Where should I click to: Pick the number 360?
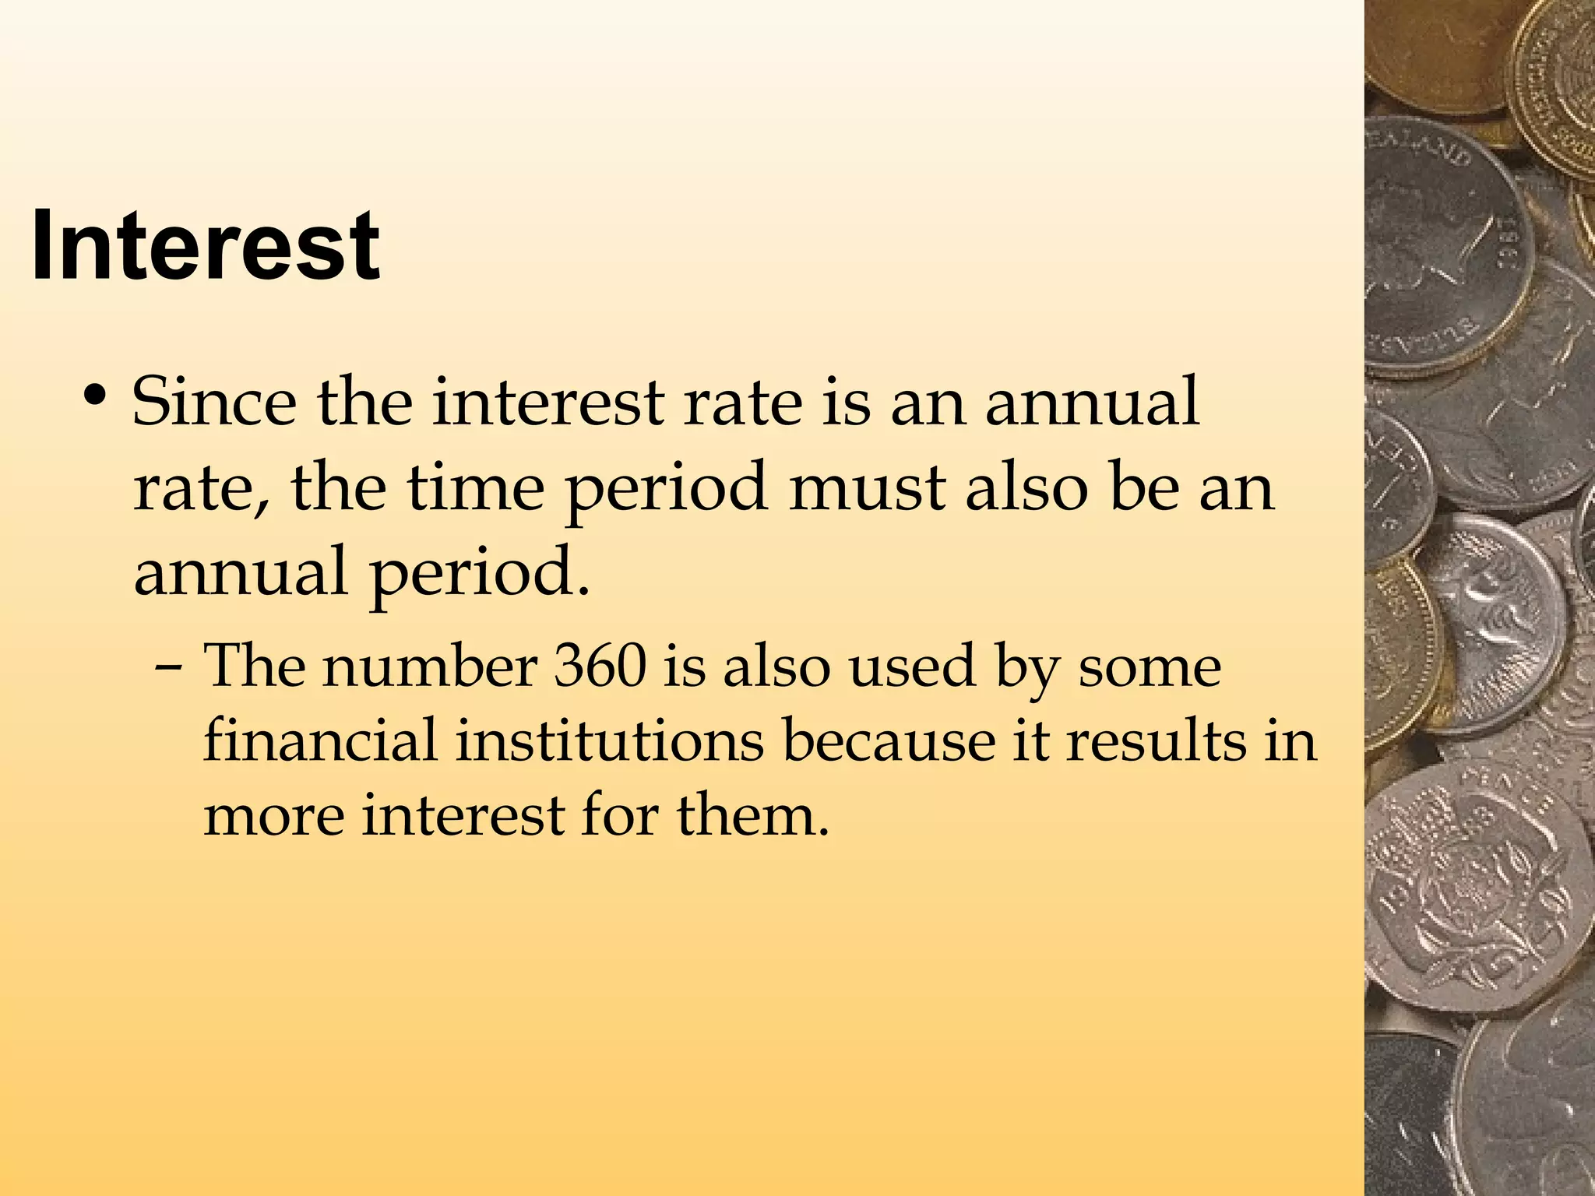pyautogui.click(x=600, y=666)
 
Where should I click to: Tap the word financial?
pyautogui.click(x=320, y=740)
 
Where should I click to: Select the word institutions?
pyautogui.click(x=610, y=740)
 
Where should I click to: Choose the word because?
pyautogui.click(x=888, y=740)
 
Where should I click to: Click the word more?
pyautogui.click(x=273, y=815)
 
